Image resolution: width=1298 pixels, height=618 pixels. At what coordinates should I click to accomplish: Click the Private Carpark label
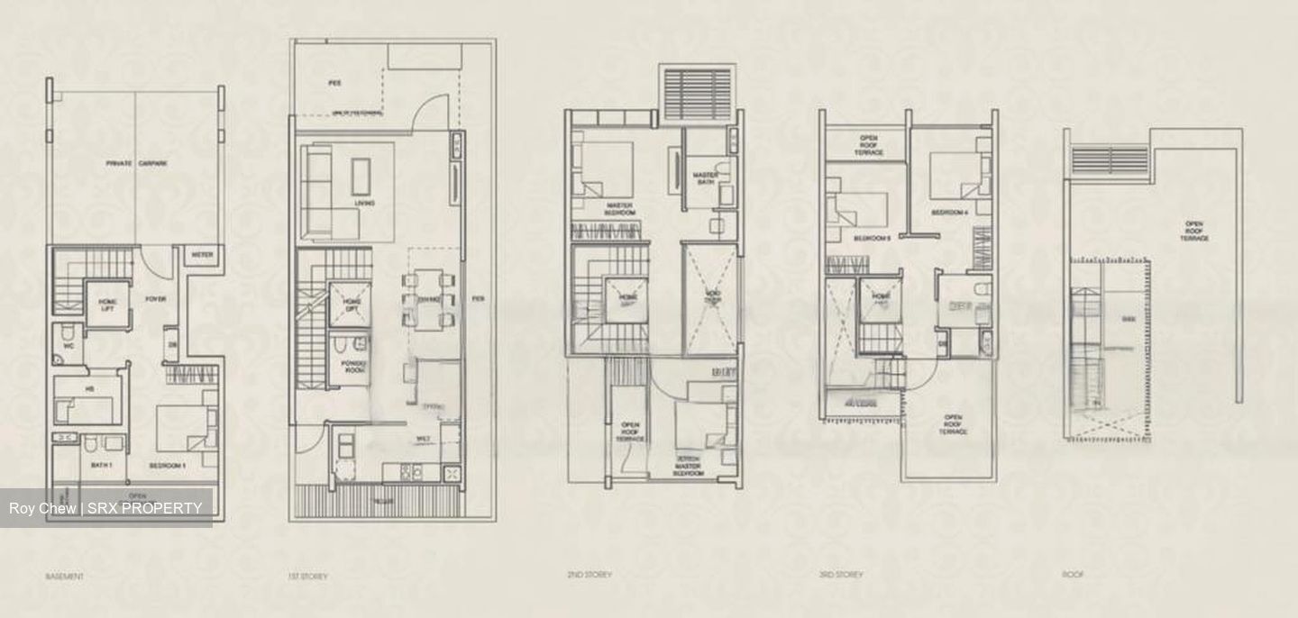coord(137,163)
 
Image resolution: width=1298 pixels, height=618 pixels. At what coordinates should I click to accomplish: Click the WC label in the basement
coord(69,345)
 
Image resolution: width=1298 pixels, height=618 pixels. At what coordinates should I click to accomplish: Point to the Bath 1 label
coord(100,466)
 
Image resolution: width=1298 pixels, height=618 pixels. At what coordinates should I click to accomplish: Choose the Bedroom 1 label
coord(167,466)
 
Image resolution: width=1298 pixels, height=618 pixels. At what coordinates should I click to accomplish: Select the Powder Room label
coord(351,367)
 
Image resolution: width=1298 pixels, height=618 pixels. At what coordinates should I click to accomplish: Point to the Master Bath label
coord(703,178)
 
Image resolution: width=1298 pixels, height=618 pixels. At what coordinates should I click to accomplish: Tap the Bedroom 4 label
coord(948,213)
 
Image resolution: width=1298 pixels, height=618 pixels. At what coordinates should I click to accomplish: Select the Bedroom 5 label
coord(871,238)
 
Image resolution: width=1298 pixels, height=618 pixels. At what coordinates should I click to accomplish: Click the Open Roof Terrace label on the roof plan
coord(1194,231)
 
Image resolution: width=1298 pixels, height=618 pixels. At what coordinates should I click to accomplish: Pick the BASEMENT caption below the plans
coord(63,575)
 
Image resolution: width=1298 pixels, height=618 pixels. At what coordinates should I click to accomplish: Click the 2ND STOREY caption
coord(589,575)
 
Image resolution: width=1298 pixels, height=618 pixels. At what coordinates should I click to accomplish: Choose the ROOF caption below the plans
coord(1074,575)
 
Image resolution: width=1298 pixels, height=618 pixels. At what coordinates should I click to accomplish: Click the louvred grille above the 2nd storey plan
coord(698,92)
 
